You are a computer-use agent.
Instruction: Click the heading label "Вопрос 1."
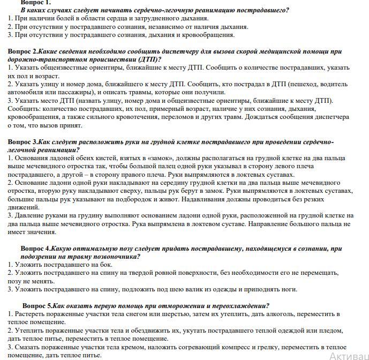click(36, 3)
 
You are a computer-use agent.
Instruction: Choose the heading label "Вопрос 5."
click(36, 305)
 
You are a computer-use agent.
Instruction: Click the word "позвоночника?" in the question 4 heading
click(114, 257)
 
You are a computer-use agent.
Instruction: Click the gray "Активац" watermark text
click(349, 355)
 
